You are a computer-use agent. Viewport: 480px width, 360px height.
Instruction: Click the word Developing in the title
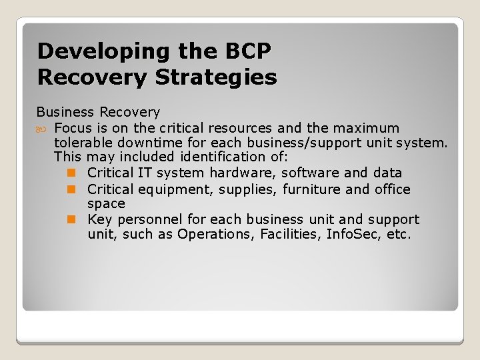[85, 51]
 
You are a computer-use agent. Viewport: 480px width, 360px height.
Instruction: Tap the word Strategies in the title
[216, 77]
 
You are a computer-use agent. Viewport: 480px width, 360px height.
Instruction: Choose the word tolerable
[83, 142]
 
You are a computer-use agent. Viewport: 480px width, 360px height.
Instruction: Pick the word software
[309, 173]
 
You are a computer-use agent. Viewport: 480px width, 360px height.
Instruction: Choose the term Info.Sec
[354, 234]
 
